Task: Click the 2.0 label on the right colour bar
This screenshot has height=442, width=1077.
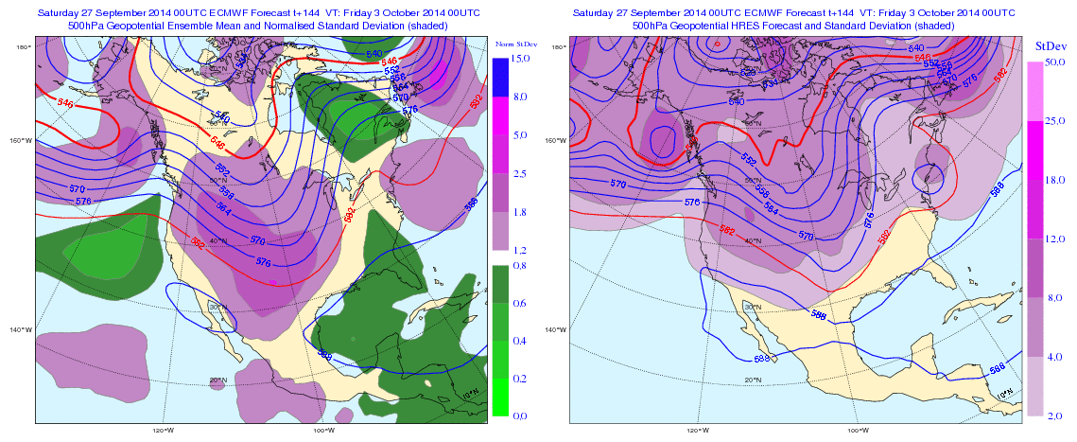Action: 1048,415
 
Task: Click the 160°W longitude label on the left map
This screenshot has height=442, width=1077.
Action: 21,141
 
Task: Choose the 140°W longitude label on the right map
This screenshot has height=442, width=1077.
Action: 557,330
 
